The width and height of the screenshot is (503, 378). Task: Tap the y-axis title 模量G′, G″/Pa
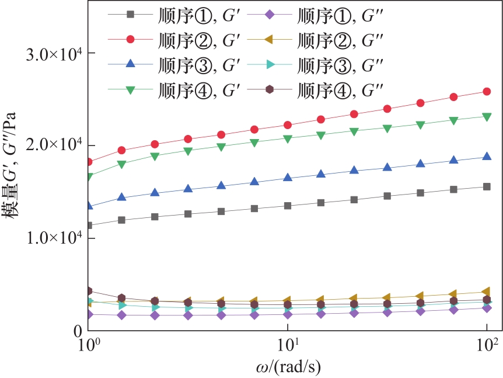[13, 175]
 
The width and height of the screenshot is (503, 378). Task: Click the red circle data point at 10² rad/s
[486, 92]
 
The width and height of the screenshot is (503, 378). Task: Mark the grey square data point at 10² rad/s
[486, 187]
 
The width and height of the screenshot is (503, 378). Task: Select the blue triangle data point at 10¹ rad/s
[288, 178]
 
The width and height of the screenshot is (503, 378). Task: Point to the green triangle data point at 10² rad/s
[486, 116]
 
